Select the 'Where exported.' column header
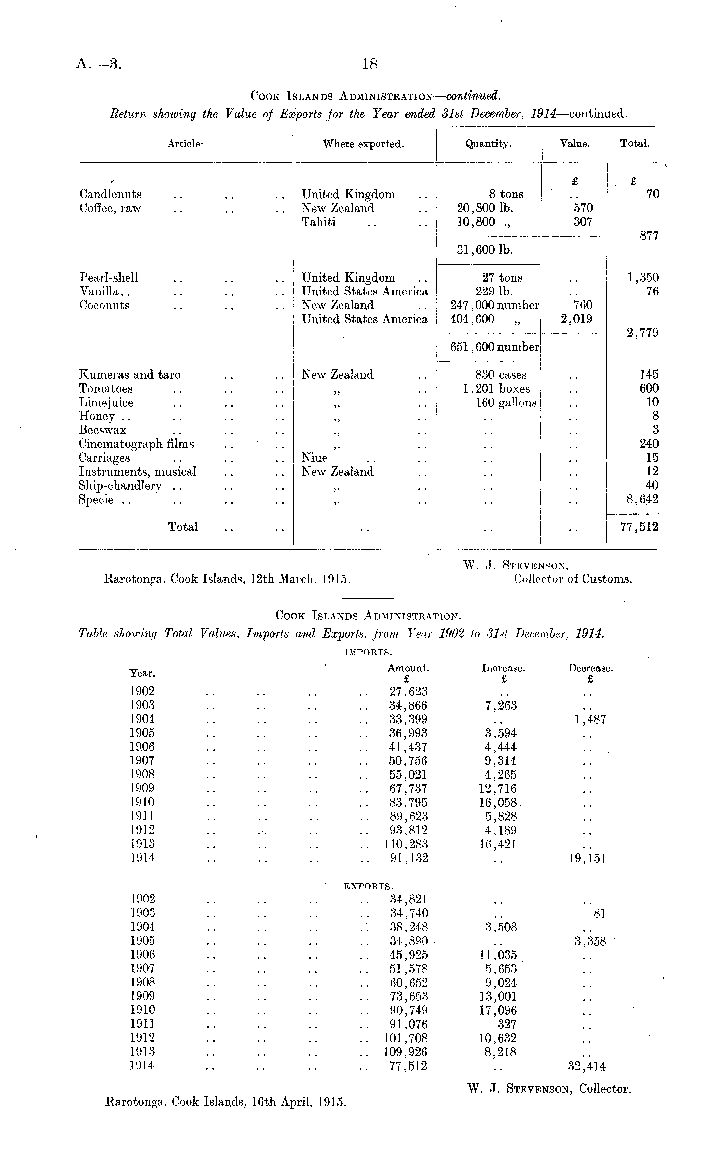363,144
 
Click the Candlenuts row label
110,194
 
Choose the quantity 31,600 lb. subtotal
485,250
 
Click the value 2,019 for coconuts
576,319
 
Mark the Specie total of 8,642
643,499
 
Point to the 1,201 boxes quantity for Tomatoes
496,389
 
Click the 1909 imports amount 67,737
408,789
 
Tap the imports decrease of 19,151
587,858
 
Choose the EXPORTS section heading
368,886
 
